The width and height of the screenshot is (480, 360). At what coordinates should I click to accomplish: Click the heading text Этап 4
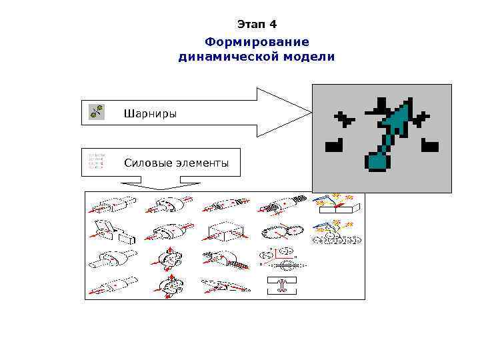(257, 25)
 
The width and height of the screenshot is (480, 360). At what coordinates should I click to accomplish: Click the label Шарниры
(150, 113)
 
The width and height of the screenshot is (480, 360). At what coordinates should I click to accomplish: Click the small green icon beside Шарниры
(96, 112)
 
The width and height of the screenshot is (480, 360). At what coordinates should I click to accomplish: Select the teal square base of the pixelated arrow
(376, 161)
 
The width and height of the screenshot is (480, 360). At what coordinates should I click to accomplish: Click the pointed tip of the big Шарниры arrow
(309, 111)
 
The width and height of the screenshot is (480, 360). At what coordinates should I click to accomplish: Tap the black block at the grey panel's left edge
(333, 144)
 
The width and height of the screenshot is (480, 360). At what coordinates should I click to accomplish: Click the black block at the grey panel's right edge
(429, 144)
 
